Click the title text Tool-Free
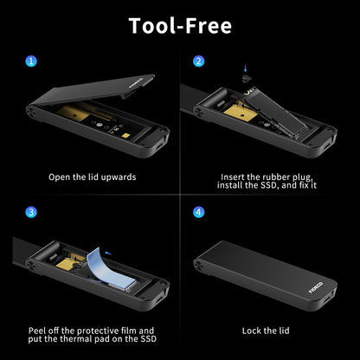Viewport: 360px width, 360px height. coord(180,25)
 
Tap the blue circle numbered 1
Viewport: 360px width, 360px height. coord(31,61)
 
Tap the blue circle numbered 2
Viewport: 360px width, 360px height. coord(199,61)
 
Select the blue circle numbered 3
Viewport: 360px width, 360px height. coord(31,211)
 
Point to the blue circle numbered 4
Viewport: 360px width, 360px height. coord(199,211)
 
